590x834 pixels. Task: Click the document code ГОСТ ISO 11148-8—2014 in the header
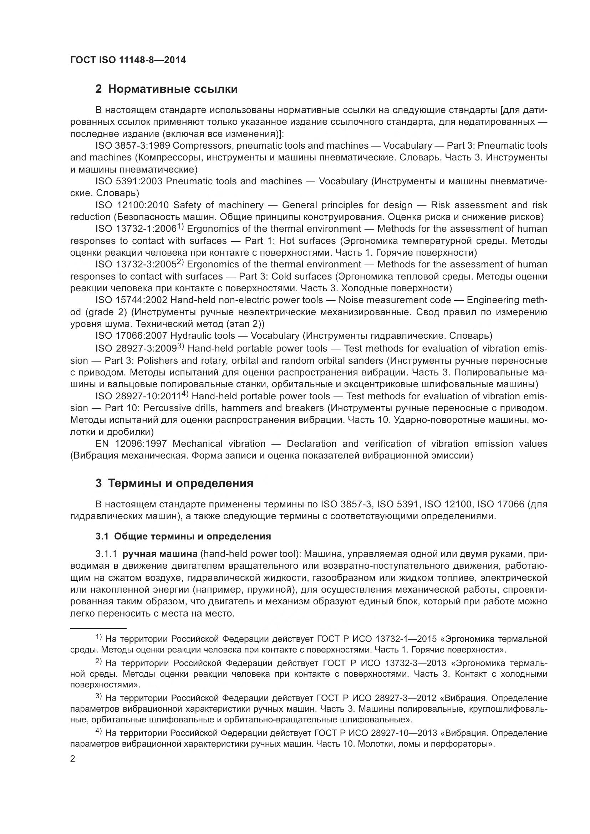click(128, 60)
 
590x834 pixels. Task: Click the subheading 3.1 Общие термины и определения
click(183, 537)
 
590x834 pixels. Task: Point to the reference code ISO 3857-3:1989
click(133, 146)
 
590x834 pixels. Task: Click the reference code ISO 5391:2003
click(129, 181)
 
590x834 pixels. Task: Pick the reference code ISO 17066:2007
click(131, 335)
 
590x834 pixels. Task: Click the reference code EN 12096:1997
click(131, 444)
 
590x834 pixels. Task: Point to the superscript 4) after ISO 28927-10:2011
click(184, 394)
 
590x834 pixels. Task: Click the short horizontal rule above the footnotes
click(98, 628)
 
